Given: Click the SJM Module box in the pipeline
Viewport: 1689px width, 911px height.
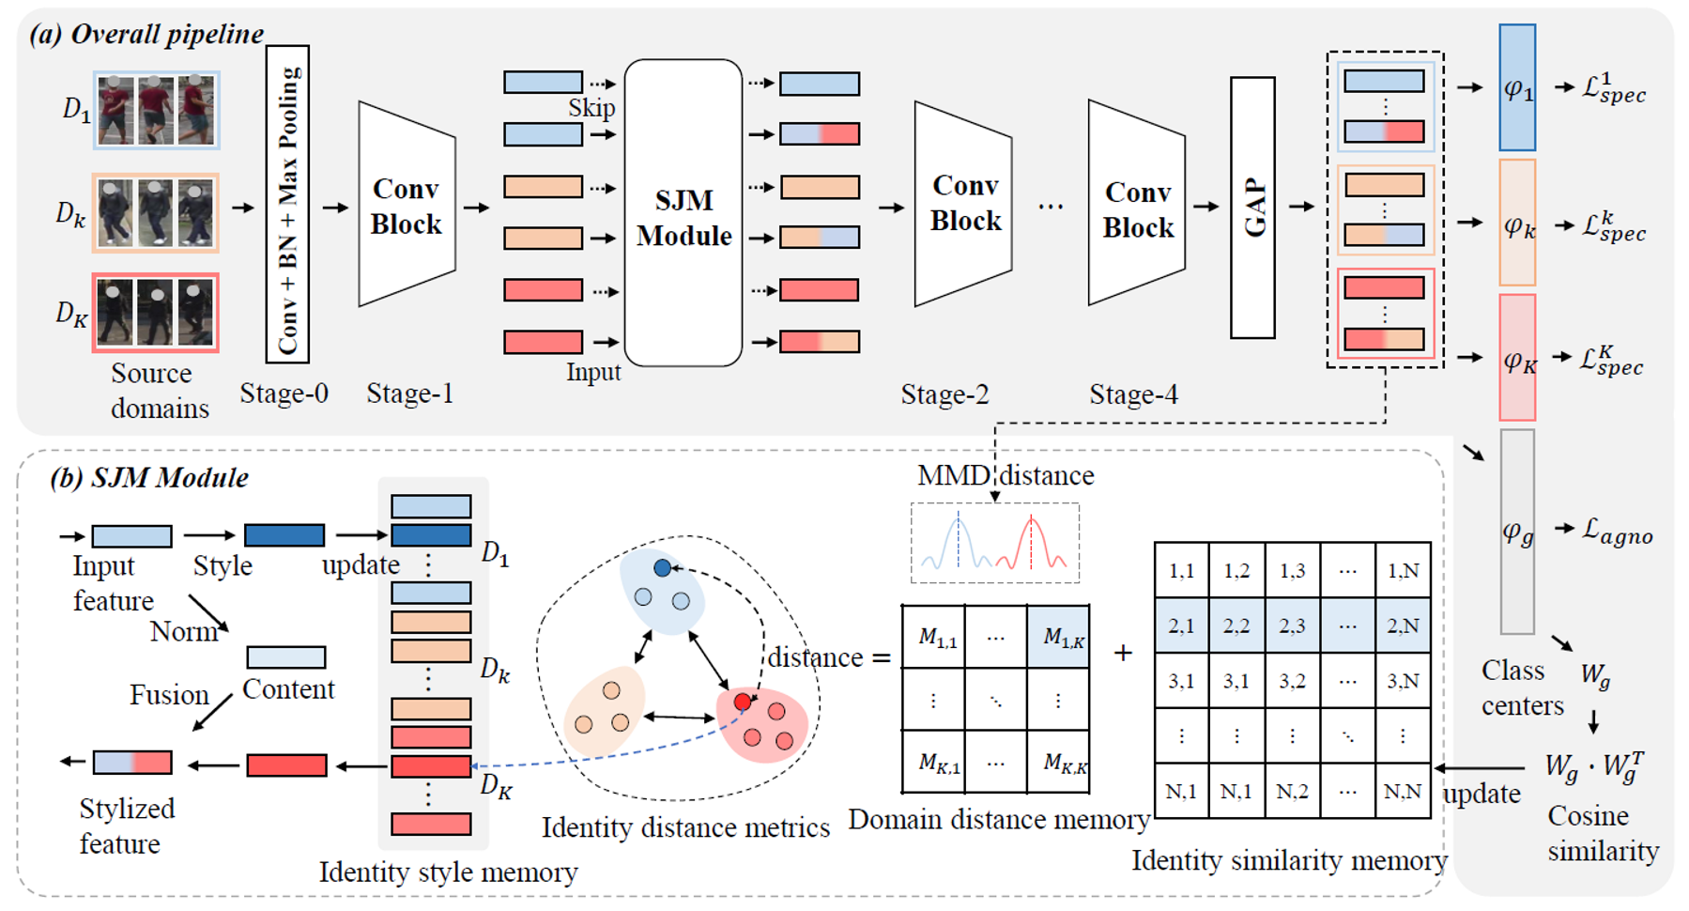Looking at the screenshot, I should pos(683,214).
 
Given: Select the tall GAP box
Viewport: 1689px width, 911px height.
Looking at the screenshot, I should pos(1252,208).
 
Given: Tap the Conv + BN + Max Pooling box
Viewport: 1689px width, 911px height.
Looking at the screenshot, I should pos(287,204).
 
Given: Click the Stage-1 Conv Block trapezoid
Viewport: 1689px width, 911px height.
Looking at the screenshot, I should pos(406,206).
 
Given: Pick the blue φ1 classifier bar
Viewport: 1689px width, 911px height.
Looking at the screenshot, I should pos(1516,88).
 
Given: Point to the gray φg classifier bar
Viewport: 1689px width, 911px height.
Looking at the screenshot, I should pos(1516,532).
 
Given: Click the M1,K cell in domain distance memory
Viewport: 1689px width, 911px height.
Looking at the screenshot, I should pos(1058,638).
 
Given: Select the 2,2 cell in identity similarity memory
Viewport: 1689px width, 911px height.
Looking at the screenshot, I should pos(1236,625).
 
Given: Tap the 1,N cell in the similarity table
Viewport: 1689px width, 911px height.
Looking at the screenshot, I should pos(1403,570).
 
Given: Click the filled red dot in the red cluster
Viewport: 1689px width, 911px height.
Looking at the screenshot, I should pos(743,702).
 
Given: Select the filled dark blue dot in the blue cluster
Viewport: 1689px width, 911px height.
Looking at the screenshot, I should pos(662,568).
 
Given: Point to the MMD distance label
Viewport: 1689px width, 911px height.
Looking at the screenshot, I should pos(1005,475).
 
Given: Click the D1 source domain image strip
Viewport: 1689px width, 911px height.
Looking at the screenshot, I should pos(156,110).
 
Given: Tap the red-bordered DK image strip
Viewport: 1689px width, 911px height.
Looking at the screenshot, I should pos(156,313).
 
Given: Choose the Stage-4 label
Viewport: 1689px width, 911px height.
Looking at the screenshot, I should pos(1133,394).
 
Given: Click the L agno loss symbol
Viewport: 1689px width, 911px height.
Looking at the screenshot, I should pos(1617,532).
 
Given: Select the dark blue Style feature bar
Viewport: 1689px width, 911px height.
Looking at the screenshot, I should pos(284,535).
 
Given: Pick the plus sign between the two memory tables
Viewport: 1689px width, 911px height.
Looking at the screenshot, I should pos(1123,653).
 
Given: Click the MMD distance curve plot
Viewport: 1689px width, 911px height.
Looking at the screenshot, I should pos(994,544).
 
